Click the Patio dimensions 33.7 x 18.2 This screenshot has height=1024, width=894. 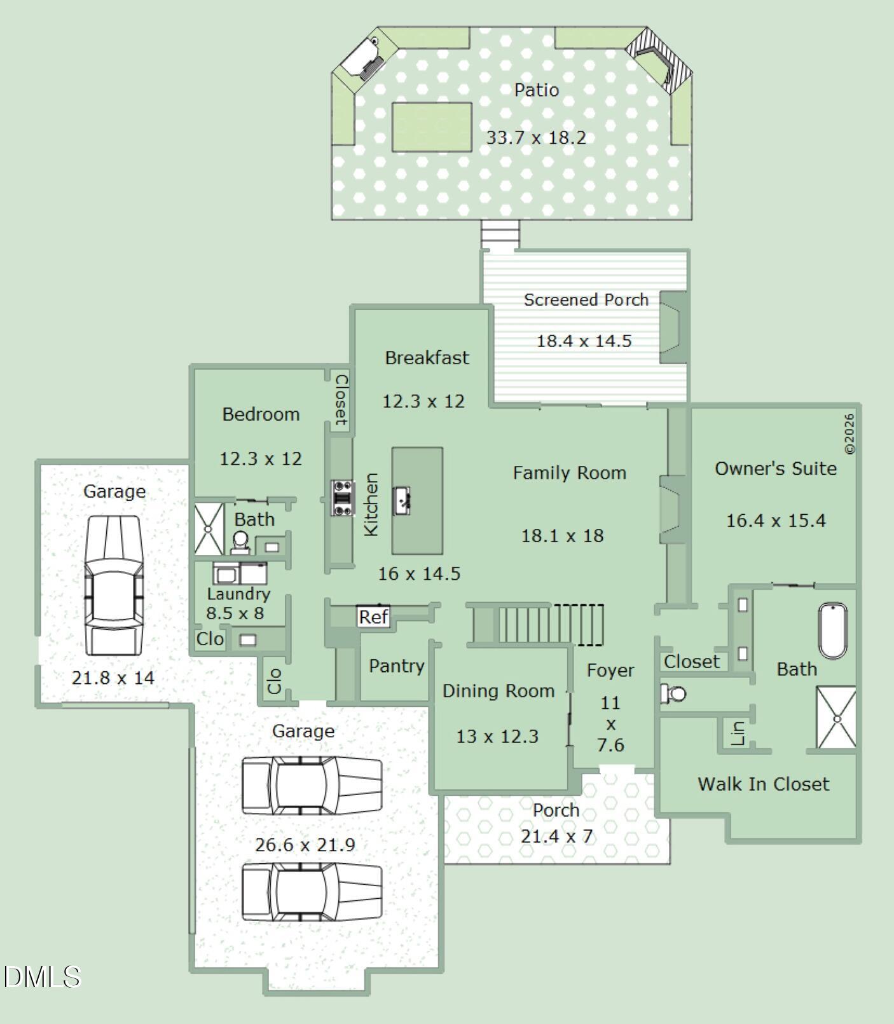[x=535, y=137]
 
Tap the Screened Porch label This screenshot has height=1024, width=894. [x=586, y=299]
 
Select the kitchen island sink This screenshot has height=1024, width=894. [x=402, y=500]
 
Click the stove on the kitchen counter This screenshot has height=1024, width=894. [x=343, y=498]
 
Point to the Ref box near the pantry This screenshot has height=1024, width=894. [x=373, y=617]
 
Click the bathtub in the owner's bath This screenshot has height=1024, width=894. [x=832, y=631]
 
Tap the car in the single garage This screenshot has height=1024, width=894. [x=114, y=585]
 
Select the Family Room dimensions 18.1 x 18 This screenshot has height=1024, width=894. [x=562, y=536]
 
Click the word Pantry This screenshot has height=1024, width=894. [x=396, y=666]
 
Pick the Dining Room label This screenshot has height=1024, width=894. [x=499, y=691]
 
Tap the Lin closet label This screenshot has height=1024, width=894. [x=738, y=733]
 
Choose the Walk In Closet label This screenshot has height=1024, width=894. [x=763, y=784]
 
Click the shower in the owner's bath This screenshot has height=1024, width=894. [x=836, y=718]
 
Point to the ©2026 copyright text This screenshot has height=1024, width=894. [x=850, y=434]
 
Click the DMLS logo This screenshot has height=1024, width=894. [x=42, y=977]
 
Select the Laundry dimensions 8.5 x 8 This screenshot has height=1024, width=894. [x=235, y=613]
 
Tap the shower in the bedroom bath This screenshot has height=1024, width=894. [x=209, y=528]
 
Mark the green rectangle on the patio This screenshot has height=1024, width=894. [x=432, y=127]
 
